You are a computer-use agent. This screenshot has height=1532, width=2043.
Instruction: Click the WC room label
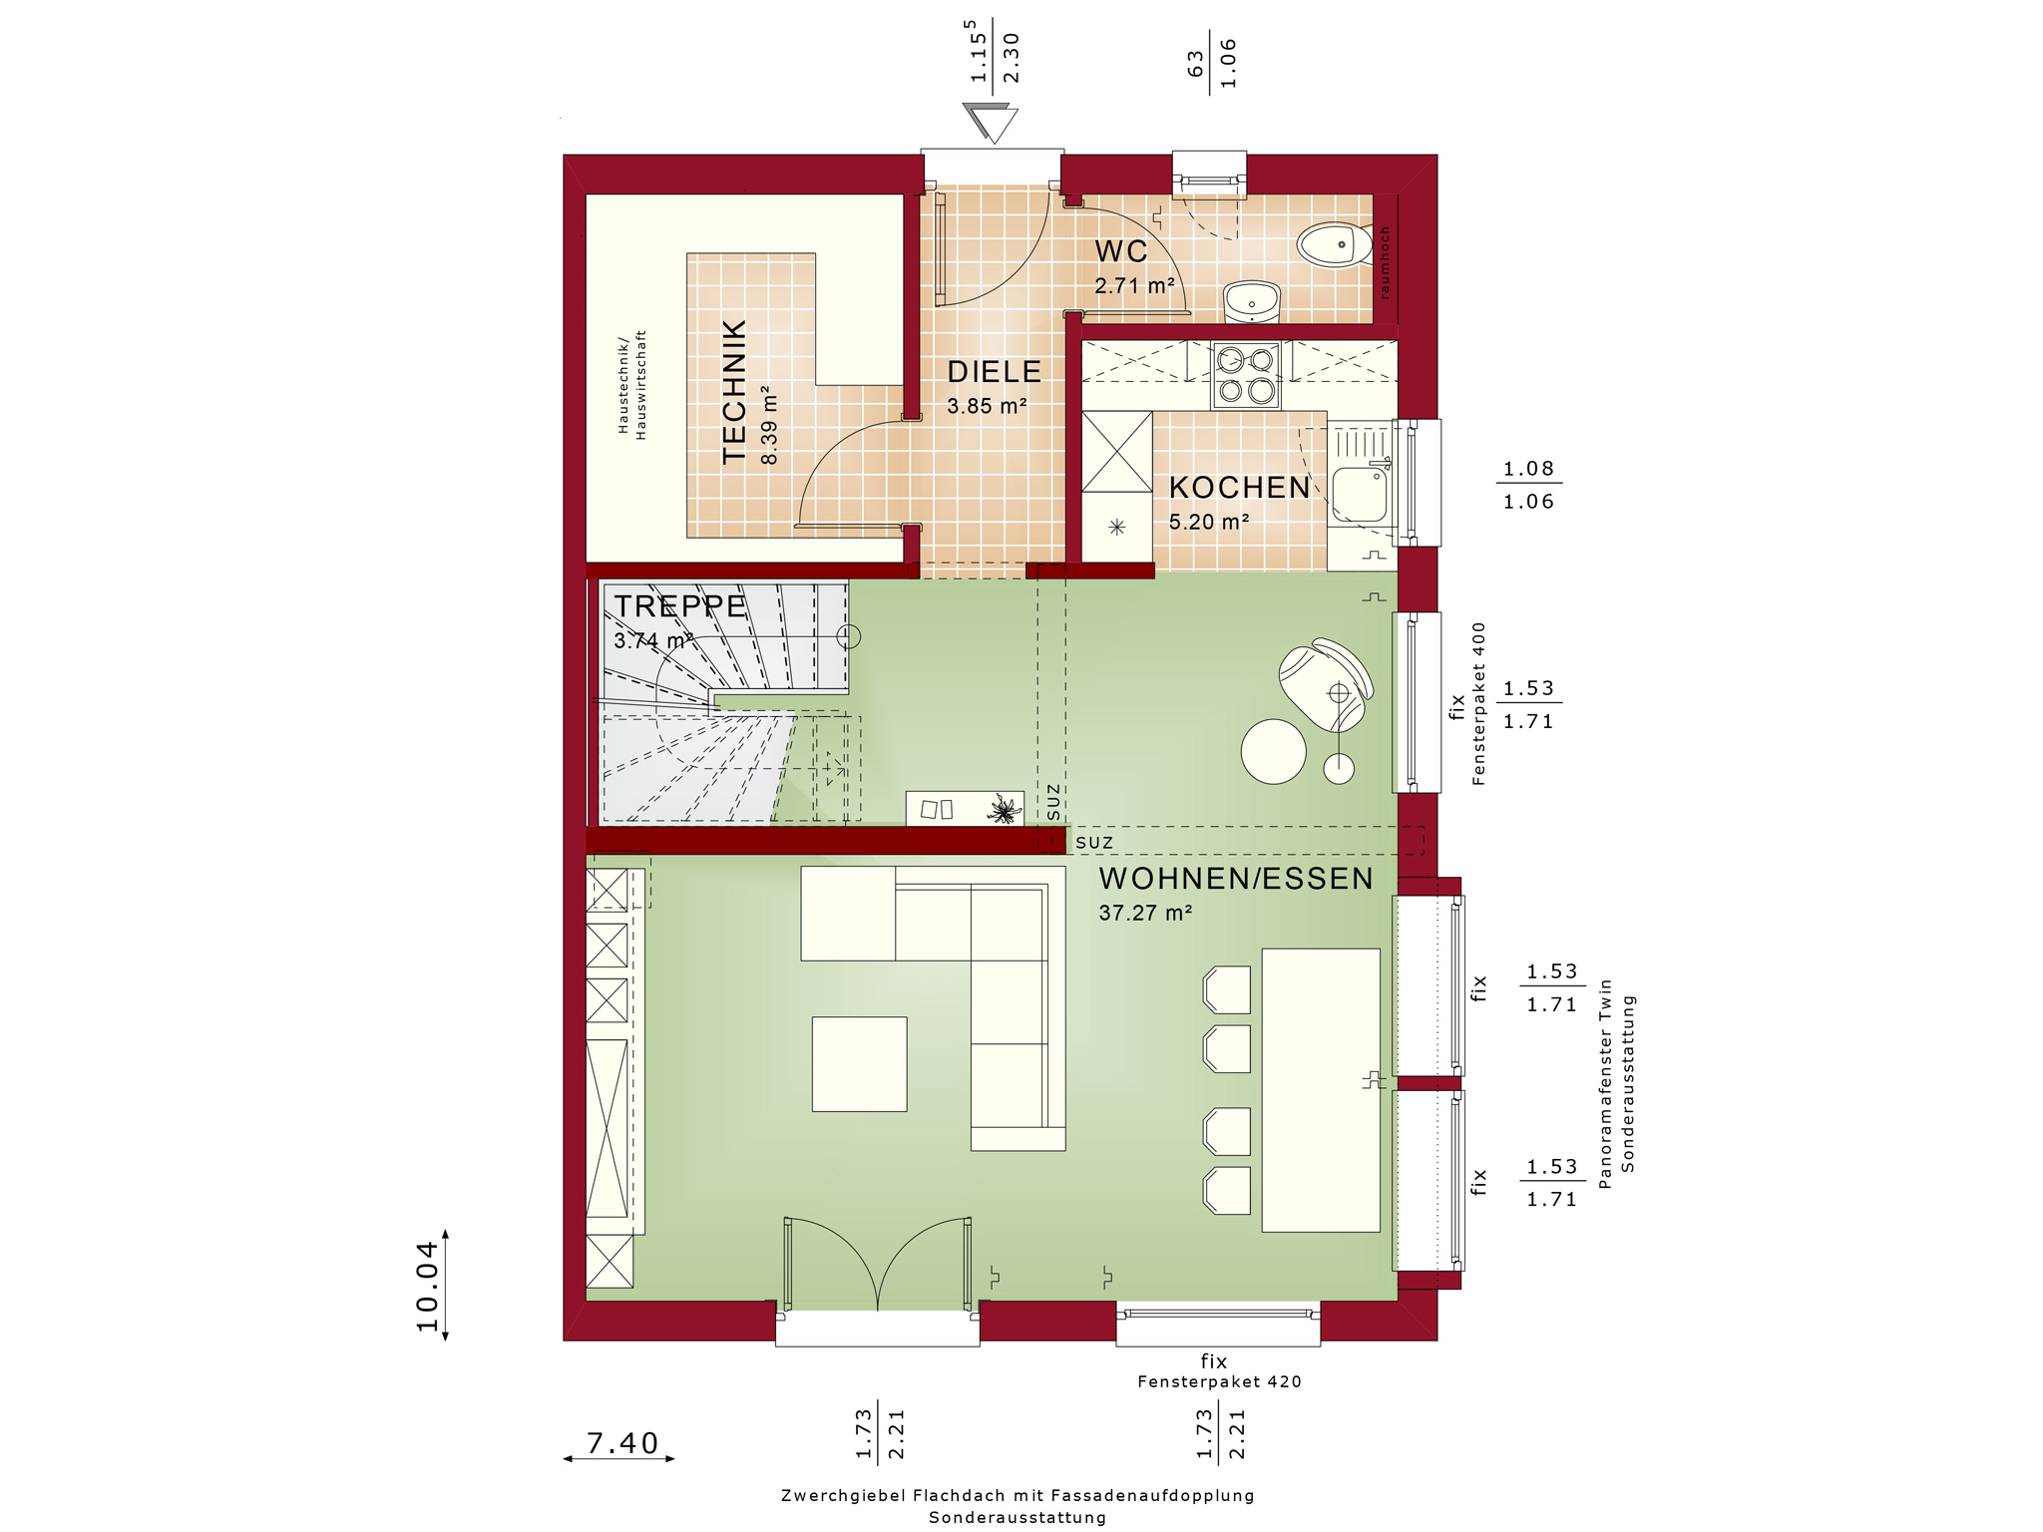pos(1121,251)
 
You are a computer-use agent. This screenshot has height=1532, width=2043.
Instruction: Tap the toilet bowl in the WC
pos(1335,244)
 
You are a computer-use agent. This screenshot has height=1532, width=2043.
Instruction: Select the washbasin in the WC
pos(1252,300)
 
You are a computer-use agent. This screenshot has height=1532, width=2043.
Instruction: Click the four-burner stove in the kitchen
pos(1247,375)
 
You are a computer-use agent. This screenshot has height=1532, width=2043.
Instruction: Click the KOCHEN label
pos(1239,488)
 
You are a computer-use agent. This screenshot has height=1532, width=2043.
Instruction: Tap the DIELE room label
pos(994,372)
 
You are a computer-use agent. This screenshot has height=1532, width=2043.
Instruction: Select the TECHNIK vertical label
pos(734,391)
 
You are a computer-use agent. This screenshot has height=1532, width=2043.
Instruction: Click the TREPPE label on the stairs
pos(679,606)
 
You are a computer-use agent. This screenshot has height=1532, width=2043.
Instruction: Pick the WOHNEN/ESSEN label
pos(1236,879)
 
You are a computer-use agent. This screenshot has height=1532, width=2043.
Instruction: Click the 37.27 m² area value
pos(1145,913)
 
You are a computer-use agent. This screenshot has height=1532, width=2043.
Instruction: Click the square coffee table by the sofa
pos(859,1063)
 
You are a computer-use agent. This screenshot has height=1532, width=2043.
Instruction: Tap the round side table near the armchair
pos(1273,751)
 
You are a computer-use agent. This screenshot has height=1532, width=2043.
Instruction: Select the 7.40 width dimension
pos(622,1443)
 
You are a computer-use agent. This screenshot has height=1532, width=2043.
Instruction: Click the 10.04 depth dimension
pos(427,1286)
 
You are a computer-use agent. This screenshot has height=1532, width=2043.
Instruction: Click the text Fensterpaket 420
pos(1219,1381)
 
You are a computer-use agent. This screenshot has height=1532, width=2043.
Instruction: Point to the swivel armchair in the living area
pos(1326,684)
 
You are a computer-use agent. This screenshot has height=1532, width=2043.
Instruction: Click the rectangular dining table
pos(1321,1090)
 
